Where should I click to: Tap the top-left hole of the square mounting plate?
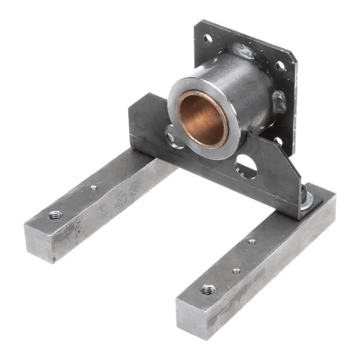tap(208, 39)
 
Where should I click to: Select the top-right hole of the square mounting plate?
tap(280, 65)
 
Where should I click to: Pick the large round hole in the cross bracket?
tap(246, 166)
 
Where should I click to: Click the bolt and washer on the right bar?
tap(307, 201)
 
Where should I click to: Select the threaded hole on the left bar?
tap(55, 215)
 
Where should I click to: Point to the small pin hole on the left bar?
tap(93, 188)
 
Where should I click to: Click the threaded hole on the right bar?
tap(208, 289)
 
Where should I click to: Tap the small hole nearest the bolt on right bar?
tap(251, 242)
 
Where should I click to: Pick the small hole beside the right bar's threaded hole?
tap(236, 271)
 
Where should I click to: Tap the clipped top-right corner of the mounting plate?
tap(293, 56)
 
